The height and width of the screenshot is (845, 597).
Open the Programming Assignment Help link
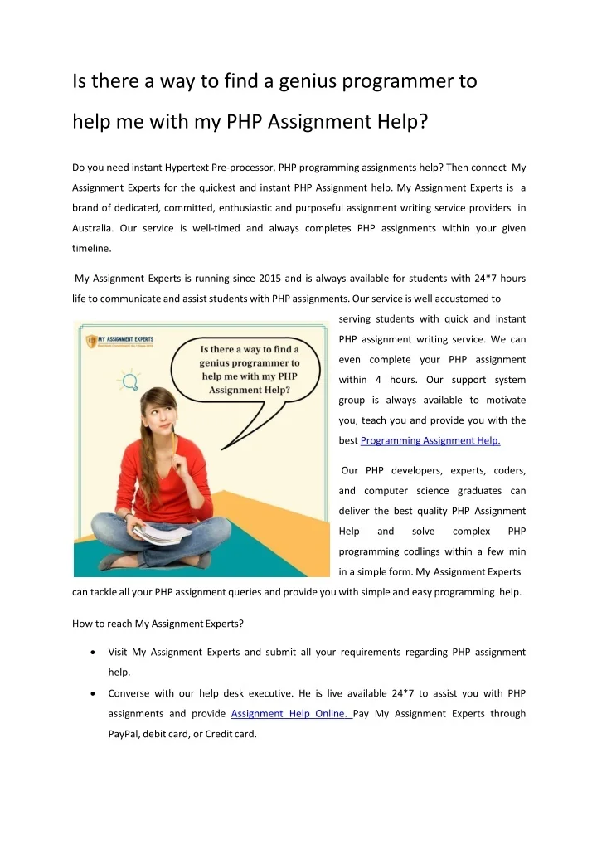pos(430,440)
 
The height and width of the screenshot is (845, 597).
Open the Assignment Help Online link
pos(291,713)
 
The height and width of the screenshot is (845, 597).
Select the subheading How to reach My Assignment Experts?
pos(158,623)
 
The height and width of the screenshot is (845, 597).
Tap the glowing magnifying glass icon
pos(129,382)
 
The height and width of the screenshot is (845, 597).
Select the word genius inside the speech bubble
pos(223,362)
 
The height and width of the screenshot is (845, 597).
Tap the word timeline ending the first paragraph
pos(92,247)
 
